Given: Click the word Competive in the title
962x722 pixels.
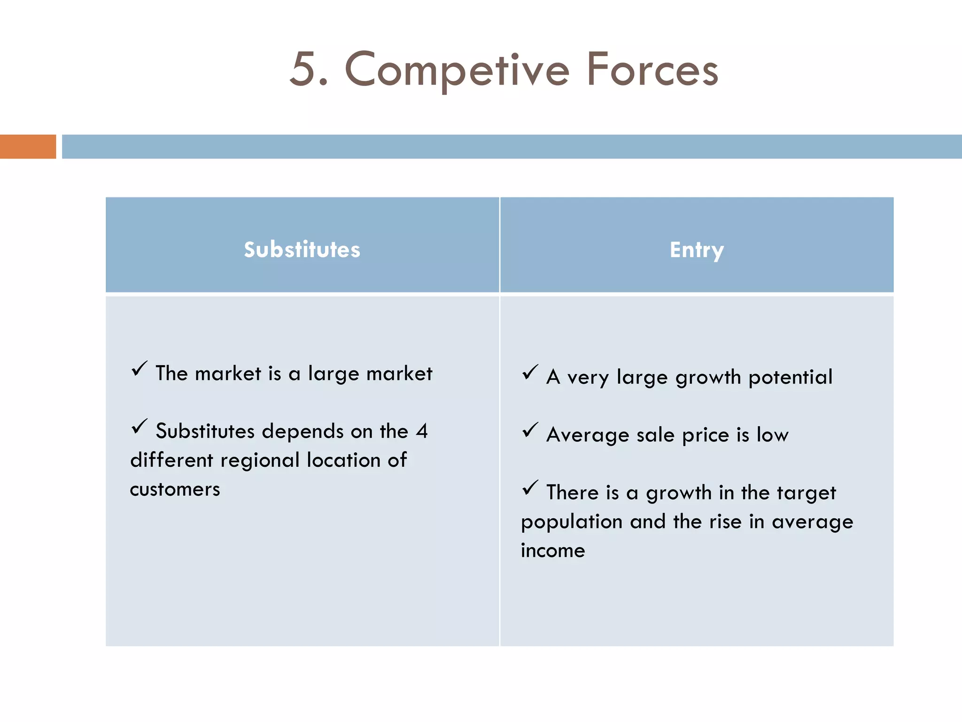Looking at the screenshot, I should click(x=457, y=71).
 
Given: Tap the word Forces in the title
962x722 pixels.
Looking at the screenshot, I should click(x=652, y=71).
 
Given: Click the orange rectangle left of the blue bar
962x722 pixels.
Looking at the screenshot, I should click(x=28, y=147).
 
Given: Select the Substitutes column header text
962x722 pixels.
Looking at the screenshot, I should click(x=302, y=250).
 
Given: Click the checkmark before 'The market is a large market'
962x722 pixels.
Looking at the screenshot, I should click(x=140, y=369).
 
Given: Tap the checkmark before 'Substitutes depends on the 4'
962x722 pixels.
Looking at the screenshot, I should click(x=140, y=426).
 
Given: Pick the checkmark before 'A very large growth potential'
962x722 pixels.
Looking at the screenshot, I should click(x=530, y=372).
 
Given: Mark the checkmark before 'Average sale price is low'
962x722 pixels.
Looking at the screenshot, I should click(x=530, y=430).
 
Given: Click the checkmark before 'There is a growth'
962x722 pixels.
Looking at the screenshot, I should click(x=530, y=488).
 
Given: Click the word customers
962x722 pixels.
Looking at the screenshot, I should click(x=175, y=490).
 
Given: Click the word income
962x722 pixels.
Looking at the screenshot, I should click(x=553, y=551).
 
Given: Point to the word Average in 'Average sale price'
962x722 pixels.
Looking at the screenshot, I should click(x=587, y=435).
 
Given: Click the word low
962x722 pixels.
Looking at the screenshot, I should click(x=772, y=435).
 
